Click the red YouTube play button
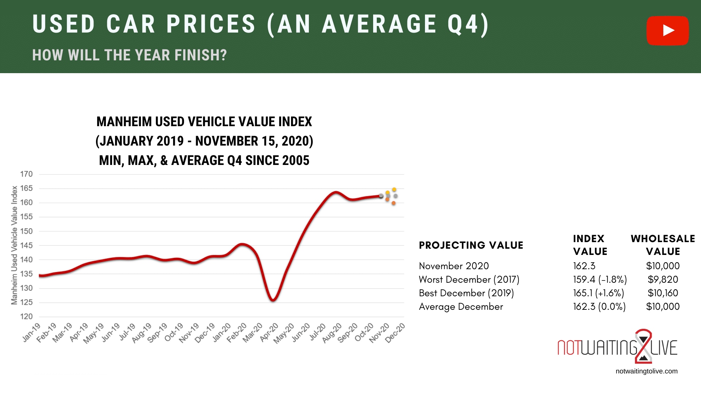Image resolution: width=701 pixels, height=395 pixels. [667, 30]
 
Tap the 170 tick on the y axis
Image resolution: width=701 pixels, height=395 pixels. [26, 174]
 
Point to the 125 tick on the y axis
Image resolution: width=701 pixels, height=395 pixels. [26, 302]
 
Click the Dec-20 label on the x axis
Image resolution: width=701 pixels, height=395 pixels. [395, 332]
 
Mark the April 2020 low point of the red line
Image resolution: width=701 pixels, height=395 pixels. [273, 300]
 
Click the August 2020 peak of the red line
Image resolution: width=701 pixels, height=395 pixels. [336, 192]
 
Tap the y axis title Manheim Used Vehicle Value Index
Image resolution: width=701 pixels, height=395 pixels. [14, 245]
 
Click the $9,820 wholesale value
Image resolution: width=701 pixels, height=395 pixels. [663, 279]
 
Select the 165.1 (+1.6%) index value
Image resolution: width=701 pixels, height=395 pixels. [598, 293]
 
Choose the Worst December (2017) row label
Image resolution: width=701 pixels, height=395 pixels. [469, 279]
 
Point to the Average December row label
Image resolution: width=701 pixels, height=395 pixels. [461, 306]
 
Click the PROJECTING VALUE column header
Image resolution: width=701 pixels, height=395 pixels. [471, 245]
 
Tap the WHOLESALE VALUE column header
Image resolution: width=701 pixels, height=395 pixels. [663, 245]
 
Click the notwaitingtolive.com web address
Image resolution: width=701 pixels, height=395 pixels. [646, 371]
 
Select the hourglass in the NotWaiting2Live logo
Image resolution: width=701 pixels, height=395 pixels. [643, 346]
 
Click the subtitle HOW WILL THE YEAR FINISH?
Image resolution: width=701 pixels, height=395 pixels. [129, 55]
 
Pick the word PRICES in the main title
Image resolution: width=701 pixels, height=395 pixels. [211, 25]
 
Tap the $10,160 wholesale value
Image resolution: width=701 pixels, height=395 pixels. [663, 293]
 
